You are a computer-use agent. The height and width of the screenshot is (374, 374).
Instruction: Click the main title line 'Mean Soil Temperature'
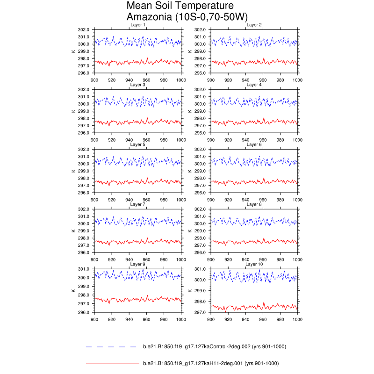[180, 6]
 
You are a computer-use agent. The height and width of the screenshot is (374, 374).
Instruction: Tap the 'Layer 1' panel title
[137, 25]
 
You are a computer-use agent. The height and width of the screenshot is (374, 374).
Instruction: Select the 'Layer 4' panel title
[254, 85]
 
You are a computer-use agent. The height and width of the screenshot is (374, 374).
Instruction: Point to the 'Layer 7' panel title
[137, 204]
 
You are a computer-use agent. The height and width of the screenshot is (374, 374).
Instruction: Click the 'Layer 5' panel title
[137, 144]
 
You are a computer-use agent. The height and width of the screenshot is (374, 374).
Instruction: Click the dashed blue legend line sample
[112, 347]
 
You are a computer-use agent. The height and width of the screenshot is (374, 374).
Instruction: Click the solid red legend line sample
[112, 363]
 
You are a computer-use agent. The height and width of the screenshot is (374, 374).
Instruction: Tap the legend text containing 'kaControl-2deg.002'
[214, 347]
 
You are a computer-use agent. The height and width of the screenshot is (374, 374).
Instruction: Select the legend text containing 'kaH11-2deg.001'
[210, 363]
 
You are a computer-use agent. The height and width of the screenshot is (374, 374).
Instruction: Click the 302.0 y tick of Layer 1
[85, 29]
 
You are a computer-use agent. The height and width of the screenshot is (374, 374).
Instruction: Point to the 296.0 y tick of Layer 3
[85, 133]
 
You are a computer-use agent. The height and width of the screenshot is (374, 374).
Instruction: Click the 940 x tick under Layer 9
[129, 319]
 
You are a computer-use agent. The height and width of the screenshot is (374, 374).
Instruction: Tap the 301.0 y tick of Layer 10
[201, 269]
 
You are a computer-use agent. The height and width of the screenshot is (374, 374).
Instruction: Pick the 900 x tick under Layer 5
[94, 199]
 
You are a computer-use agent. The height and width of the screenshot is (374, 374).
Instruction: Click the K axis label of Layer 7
[73, 230]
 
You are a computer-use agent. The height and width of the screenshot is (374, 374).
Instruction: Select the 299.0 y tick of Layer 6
[201, 171]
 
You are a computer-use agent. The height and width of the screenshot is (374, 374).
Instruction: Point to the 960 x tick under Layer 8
[263, 259]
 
